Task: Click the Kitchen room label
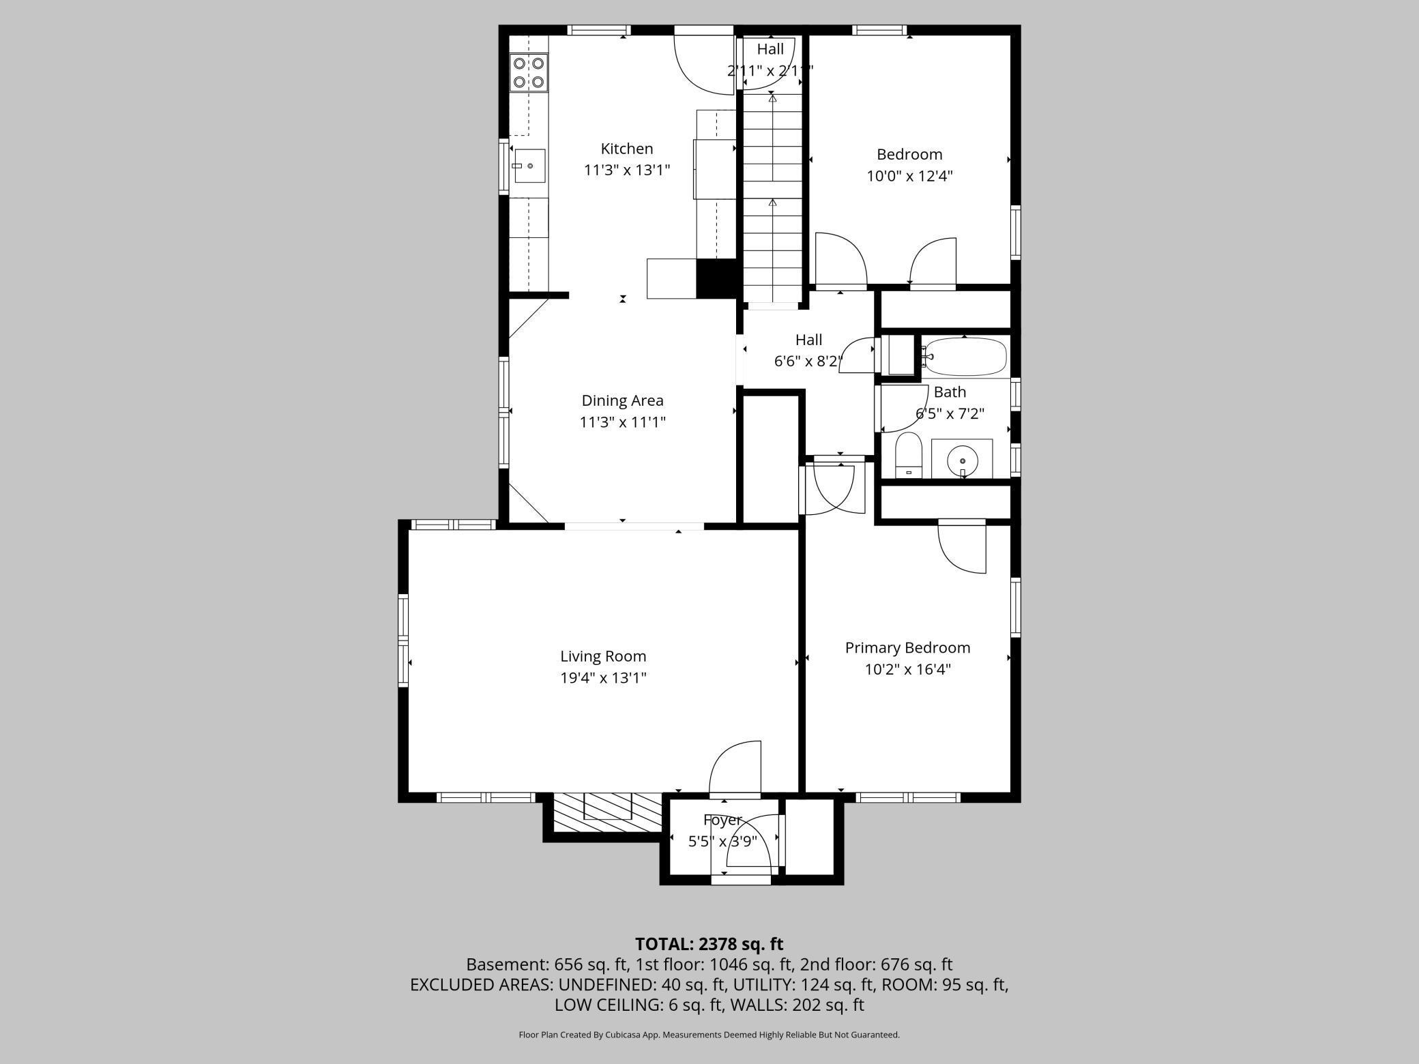pos(627,149)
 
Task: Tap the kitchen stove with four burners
pos(529,73)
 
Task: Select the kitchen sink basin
pos(529,166)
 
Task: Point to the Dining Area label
pos(622,400)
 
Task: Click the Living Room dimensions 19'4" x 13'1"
pos(603,678)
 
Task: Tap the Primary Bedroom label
pos(907,648)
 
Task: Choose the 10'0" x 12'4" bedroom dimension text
pos(909,176)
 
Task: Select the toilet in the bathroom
pos(909,455)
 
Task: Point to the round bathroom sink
pos(962,458)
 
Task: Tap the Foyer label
pos(722,821)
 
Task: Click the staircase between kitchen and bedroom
pos(772,198)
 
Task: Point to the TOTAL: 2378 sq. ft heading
pos(709,944)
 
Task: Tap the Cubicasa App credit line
pos(709,1035)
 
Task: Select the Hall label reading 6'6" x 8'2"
pos(808,351)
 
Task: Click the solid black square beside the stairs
pos(716,278)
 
